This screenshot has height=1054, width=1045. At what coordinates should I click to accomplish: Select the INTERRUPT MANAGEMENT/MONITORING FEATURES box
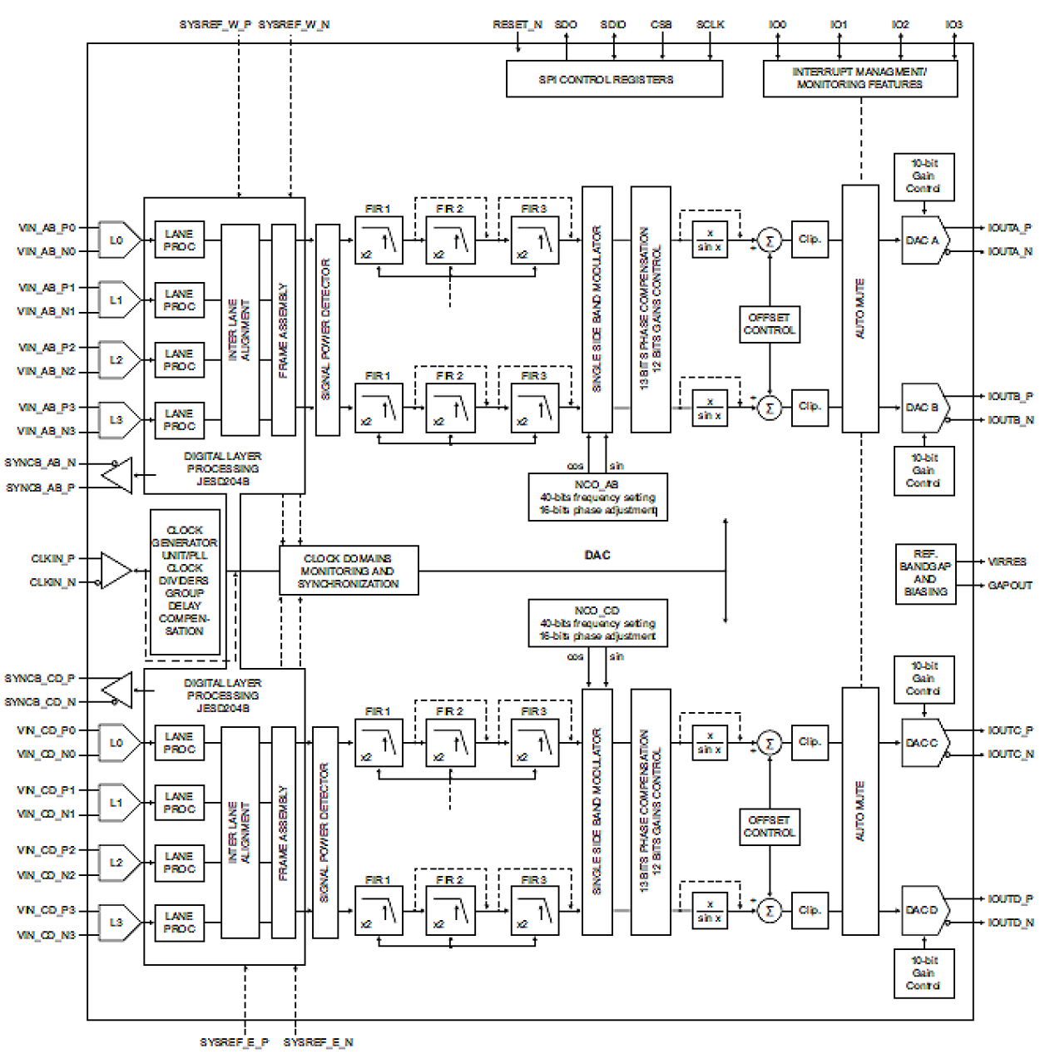tap(859, 78)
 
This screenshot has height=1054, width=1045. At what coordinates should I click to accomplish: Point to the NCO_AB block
tap(597, 497)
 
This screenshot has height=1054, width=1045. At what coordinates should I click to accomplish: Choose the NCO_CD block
tap(597, 623)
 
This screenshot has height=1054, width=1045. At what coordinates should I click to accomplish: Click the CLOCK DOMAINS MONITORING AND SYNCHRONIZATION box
tap(349, 571)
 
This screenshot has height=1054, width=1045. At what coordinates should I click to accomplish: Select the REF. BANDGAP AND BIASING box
tap(925, 573)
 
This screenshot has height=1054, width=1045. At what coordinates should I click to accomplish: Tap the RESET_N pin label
tap(517, 25)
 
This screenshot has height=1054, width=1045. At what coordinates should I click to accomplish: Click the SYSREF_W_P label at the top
tap(215, 25)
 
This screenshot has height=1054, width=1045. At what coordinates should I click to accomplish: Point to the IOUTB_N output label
tap(1010, 420)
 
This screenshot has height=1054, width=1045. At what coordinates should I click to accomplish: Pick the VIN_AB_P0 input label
tap(47, 227)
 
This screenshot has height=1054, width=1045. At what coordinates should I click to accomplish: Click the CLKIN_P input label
tap(52, 558)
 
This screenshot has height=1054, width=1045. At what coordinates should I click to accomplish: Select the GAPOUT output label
tap(1009, 586)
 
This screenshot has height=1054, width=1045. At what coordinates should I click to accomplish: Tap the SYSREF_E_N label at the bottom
tap(318, 1042)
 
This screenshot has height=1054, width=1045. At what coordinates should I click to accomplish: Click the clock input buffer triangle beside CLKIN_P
tap(114, 571)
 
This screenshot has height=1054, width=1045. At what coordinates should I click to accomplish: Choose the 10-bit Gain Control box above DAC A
tap(924, 176)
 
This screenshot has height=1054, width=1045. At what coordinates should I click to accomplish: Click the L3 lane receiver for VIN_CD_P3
tap(117, 923)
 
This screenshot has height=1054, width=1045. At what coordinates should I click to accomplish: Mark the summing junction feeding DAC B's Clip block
tap(770, 408)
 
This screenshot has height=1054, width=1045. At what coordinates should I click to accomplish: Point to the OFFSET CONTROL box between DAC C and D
tap(770, 826)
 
